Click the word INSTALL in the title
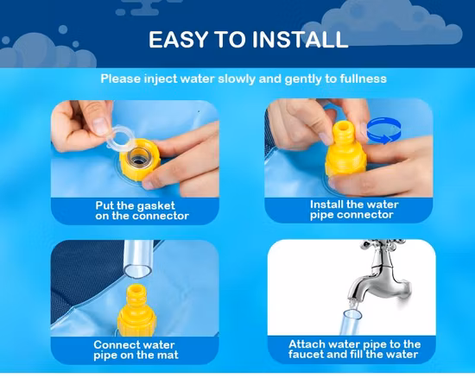pyautogui.click(x=300, y=40)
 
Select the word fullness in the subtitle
pyautogui.click(x=364, y=79)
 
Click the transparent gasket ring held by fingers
pyautogui.click(x=120, y=138)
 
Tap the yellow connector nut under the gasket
pyautogui.click(x=140, y=160)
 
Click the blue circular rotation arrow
pyautogui.click(x=383, y=131)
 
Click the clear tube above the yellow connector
pyautogui.click(x=138, y=259)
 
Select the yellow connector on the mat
pyautogui.click(x=136, y=310)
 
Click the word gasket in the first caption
pyautogui.click(x=155, y=205)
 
